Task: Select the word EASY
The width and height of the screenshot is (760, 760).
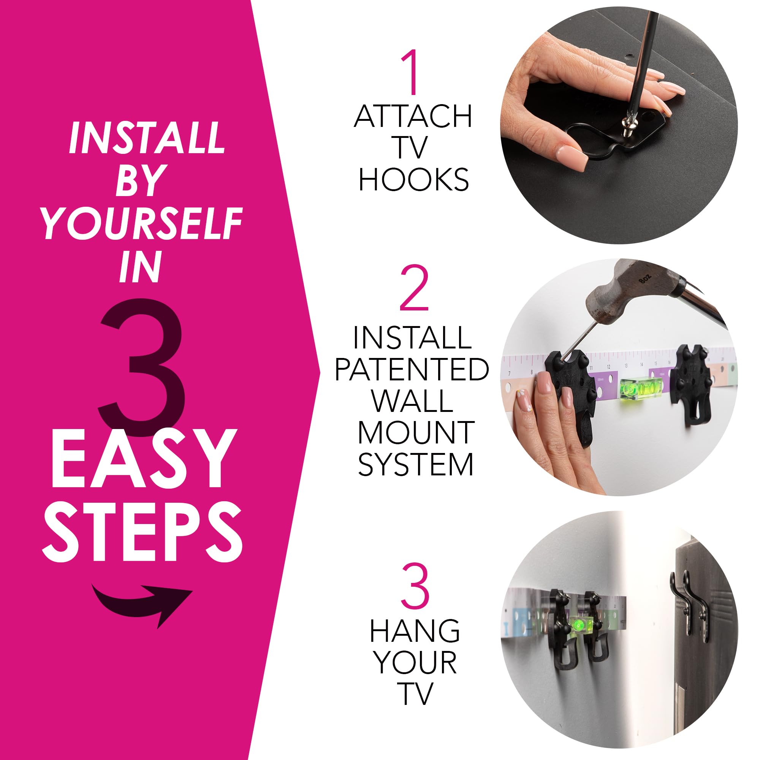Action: [142, 459]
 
